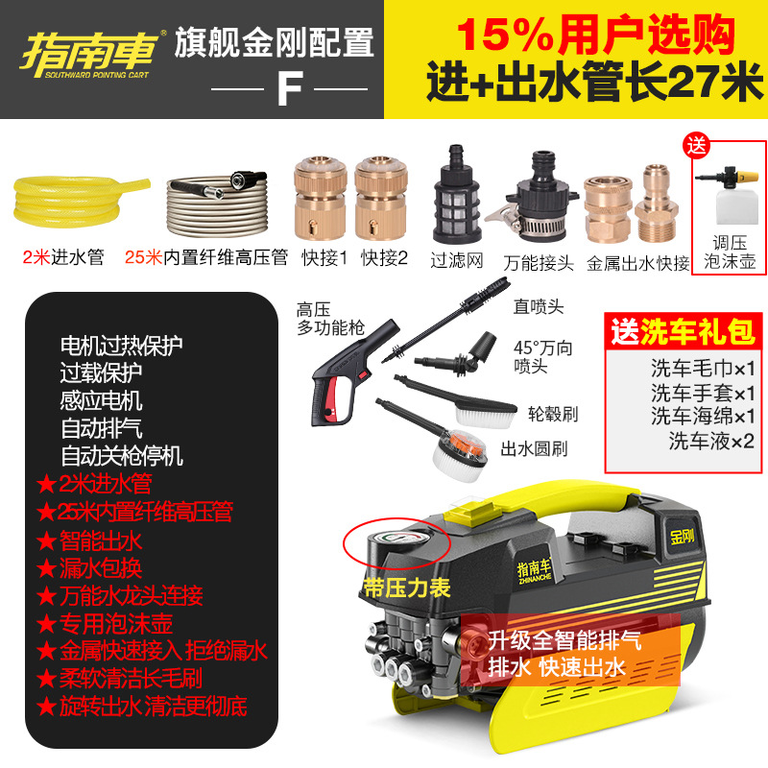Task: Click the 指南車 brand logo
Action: click(92, 47)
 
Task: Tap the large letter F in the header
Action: click(289, 88)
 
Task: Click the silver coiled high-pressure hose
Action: click(227, 202)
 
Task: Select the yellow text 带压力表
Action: click(407, 587)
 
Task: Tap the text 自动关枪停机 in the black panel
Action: click(122, 455)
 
